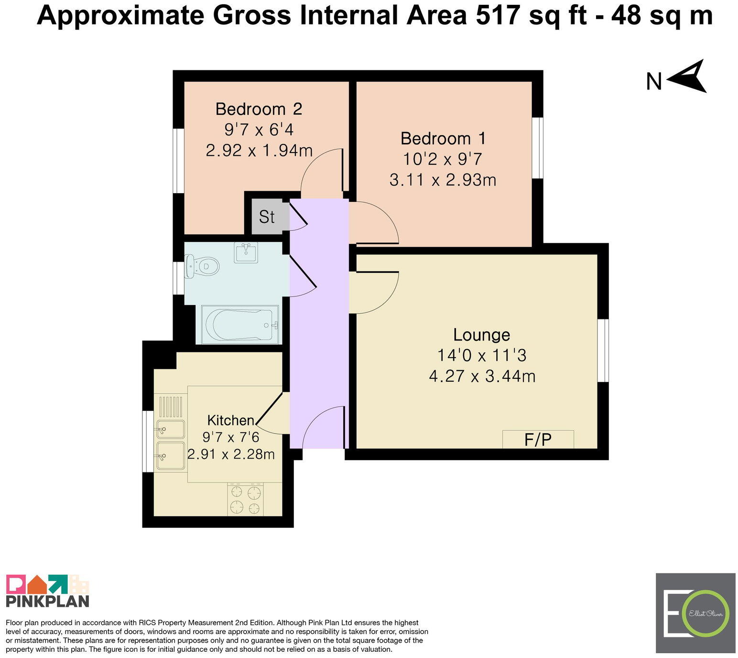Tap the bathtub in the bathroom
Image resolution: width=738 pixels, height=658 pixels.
(x=239, y=324)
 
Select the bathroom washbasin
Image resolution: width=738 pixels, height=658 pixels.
(x=246, y=252)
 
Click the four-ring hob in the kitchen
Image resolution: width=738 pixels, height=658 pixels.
(x=245, y=499)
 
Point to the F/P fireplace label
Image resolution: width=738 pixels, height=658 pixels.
(x=538, y=440)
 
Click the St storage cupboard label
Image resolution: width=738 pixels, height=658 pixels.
(x=266, y=217)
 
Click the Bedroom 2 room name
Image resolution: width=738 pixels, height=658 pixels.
(x=259, y=109)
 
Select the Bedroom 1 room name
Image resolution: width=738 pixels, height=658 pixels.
(x=443, y=139)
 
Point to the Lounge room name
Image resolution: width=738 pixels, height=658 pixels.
(x=481, y=335)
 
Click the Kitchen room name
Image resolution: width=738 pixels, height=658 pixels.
(x=230, y=420)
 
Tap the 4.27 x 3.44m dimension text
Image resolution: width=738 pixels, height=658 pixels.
(x=482, y=376)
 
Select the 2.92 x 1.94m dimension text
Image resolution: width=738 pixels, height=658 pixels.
(x=259, y=150)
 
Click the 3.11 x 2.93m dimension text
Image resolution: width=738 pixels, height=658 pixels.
(x=443, y=180)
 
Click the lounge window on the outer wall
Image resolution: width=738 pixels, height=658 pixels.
(x=603, y=351)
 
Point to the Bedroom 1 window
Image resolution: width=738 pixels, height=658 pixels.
(x=538, y=148)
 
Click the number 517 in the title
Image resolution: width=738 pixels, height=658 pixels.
(x=497, y=15)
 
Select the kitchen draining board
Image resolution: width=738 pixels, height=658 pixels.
(x=171, y=406)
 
